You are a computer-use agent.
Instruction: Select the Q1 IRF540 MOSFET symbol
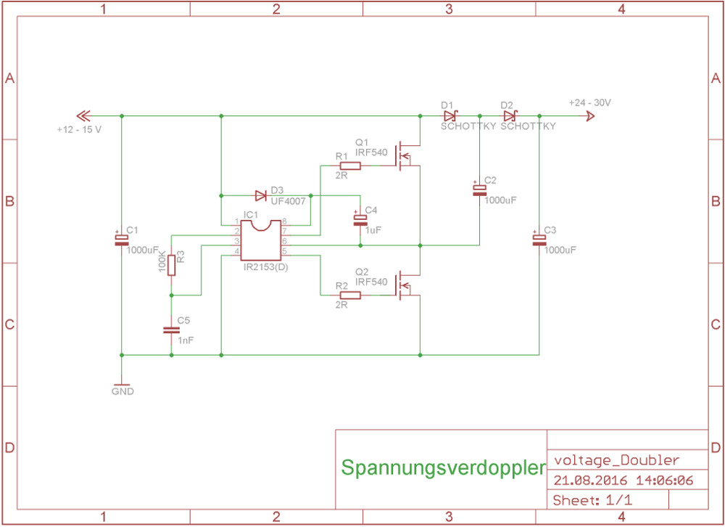click(406, 154)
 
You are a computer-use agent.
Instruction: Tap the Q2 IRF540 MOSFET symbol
click(406, 284)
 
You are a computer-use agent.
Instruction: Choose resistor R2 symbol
click(349, 295)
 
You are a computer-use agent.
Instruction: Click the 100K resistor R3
click(172, 265)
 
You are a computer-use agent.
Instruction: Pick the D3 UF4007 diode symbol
click(261, 195)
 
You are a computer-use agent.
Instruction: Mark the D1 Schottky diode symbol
click(449, 115)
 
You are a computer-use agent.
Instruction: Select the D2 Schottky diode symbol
click(510, 115)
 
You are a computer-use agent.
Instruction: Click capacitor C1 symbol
click(121, 240)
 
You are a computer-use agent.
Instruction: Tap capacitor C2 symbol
click(479, 190)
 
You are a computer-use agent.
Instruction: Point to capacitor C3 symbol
click(539, 240)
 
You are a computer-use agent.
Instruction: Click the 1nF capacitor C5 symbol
click(172, 330)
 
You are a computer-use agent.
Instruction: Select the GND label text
click(123, 391)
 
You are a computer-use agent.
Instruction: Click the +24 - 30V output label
click(589, 102)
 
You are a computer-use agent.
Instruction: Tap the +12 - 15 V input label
click(79, 129)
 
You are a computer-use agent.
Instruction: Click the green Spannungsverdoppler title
click(442, 467)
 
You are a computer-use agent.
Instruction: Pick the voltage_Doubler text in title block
click(616, 460)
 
